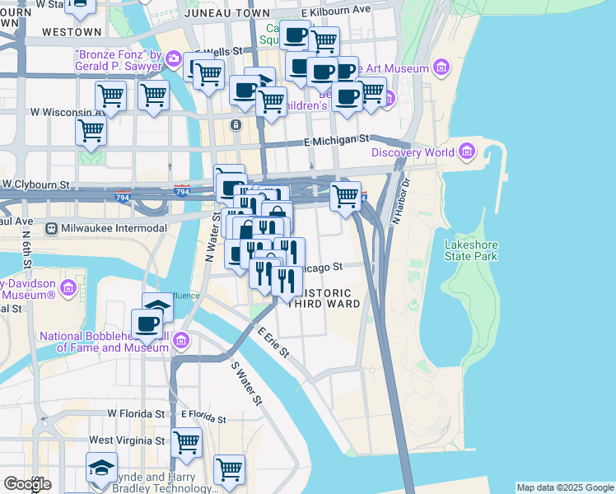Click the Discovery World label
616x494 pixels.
[414, 152]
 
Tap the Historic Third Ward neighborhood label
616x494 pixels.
[327, 298]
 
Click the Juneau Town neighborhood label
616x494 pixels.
[227, 14]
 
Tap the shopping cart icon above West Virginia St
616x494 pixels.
[187, 441]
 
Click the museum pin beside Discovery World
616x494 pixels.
[468, 151]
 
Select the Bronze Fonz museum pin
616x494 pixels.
[174, 58]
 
